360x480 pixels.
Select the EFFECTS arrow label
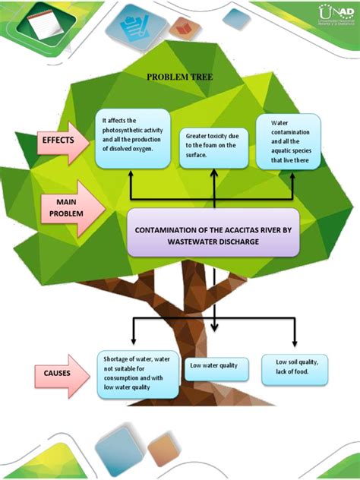(x=63, y=141)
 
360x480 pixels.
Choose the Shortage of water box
(x=137, y=373)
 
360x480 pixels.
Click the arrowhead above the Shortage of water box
(x=134, y=344)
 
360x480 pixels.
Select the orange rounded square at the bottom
(x=163, y=450)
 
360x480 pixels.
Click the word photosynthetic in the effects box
(x=125, y=130)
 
